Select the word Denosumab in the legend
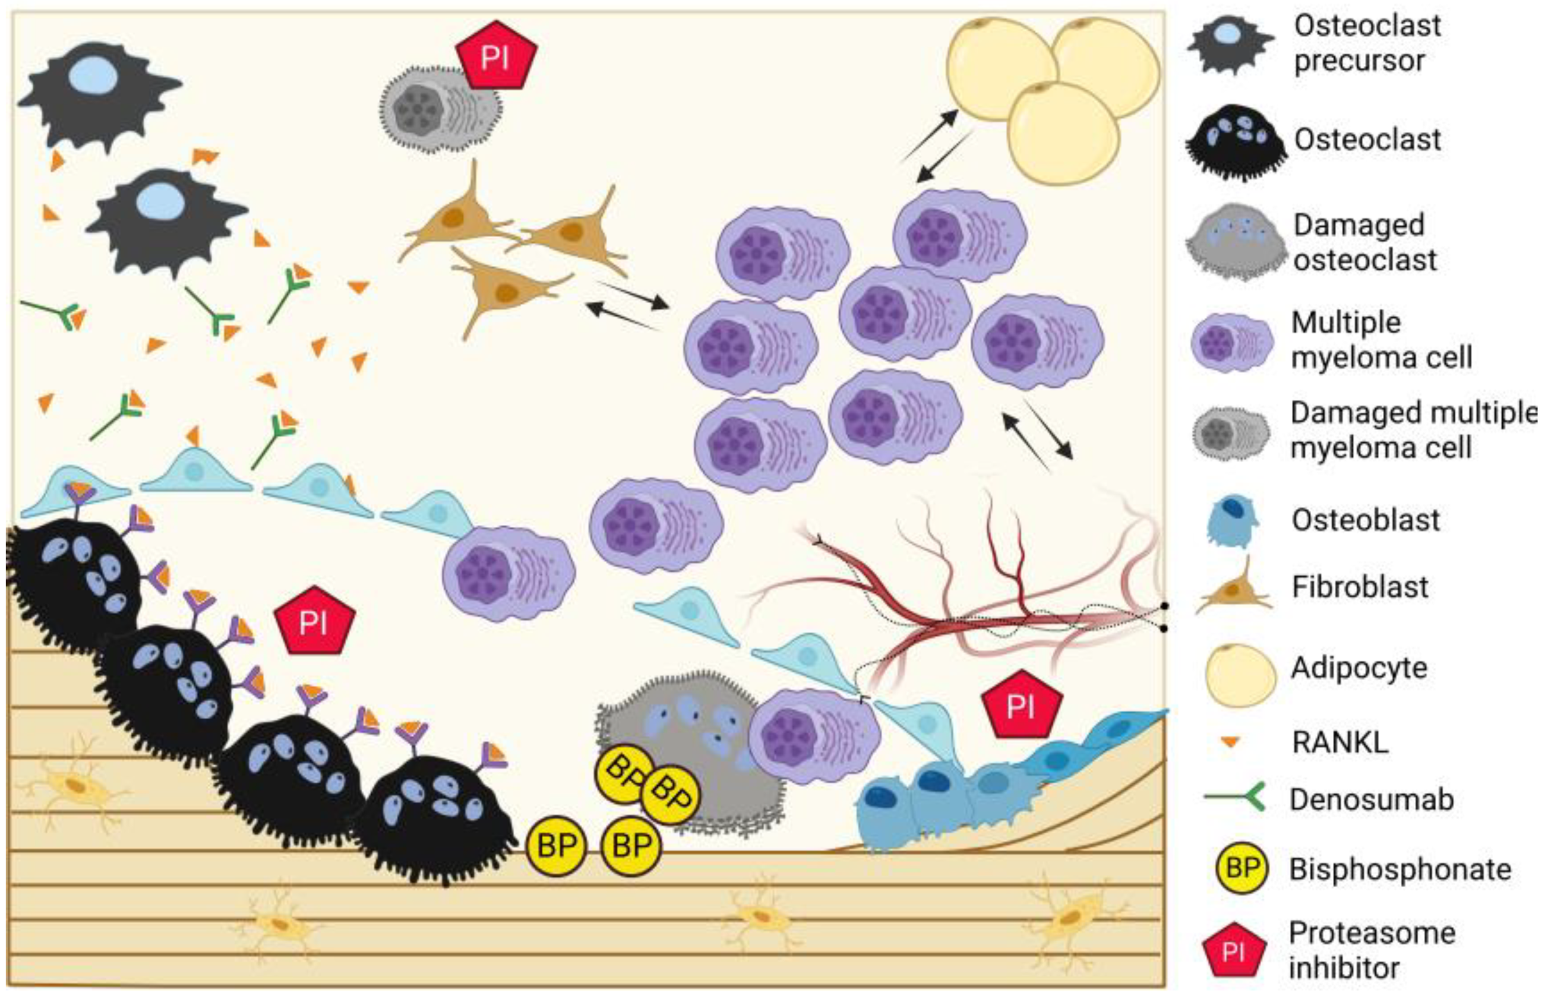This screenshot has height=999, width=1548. (1371, 800)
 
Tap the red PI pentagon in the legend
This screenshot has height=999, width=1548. (1233, 951)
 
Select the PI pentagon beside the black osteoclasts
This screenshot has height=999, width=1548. (315, 621)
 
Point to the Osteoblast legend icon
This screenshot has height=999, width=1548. (1231, 521)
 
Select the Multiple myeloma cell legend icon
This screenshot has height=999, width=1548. (1231, 342)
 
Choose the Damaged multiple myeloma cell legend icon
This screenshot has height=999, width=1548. (1230, 432)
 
